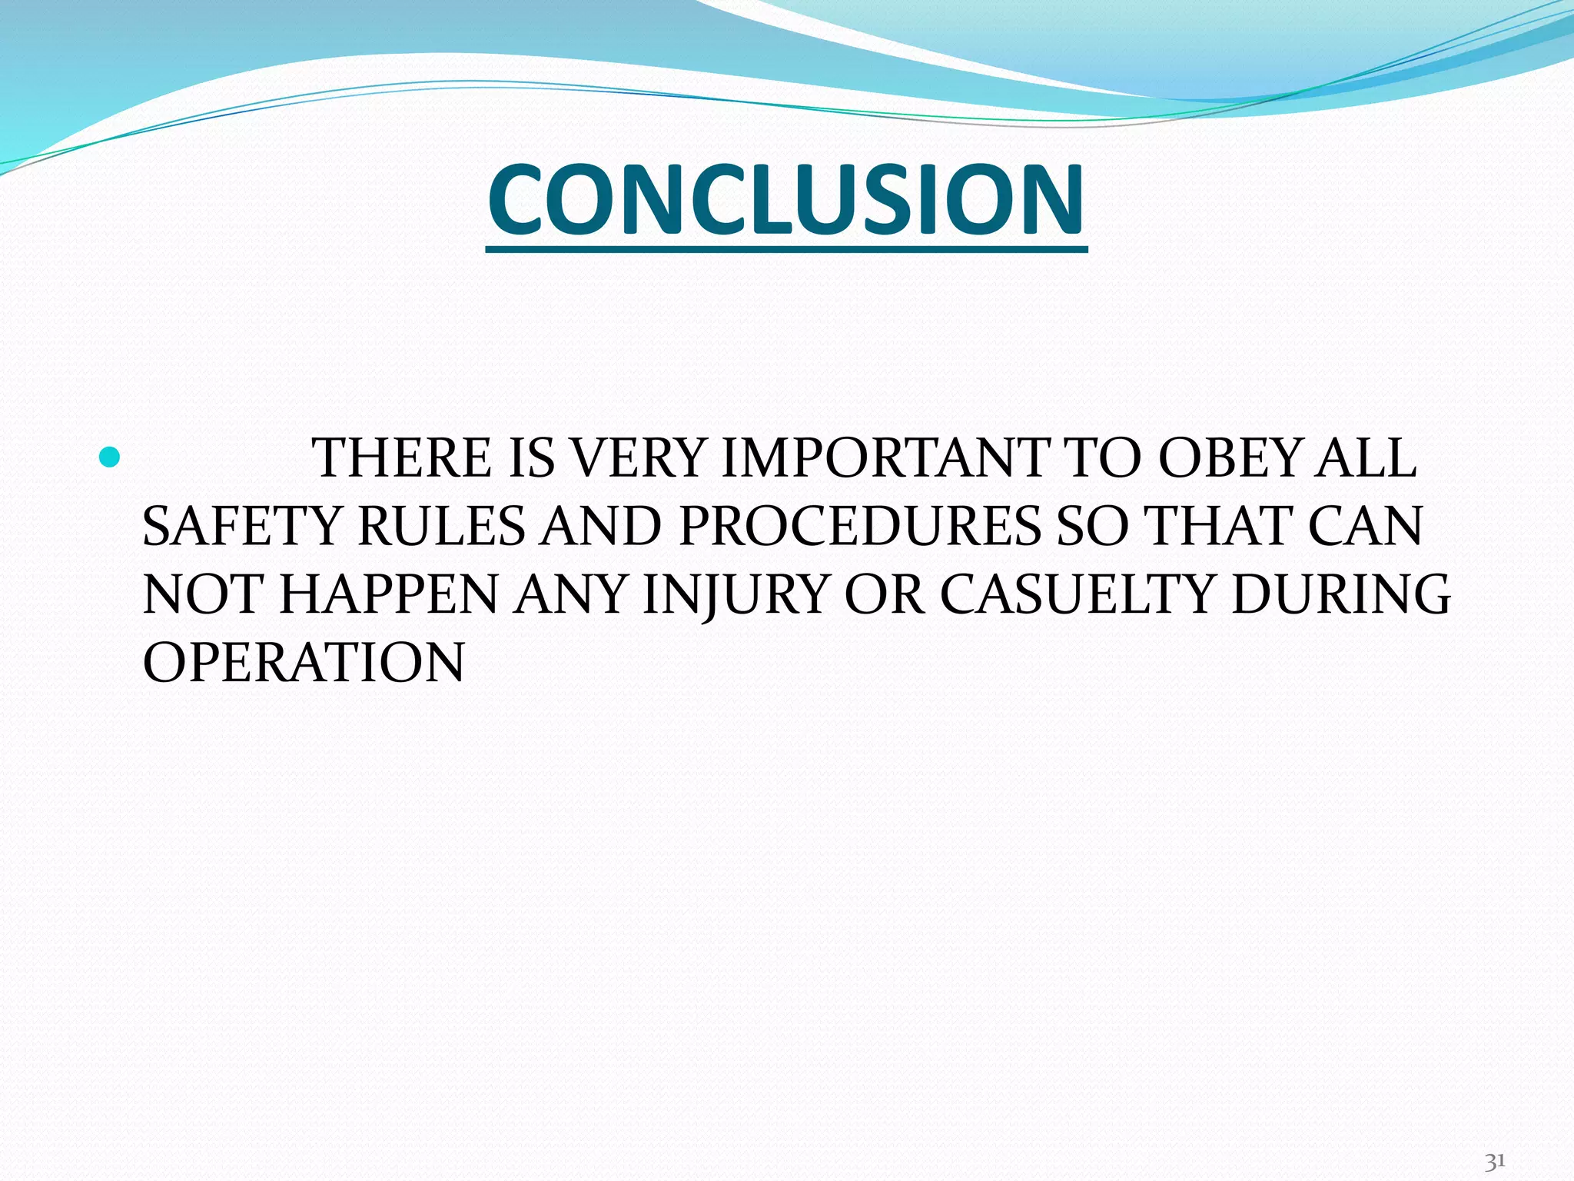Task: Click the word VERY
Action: tap(639, 459)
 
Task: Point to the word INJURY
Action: tap(734, 595)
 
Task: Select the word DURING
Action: tap(1340, 595)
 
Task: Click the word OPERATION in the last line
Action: tap(304, 663)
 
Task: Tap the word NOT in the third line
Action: tap(203, 595)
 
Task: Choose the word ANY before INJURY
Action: tap(570, 595)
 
